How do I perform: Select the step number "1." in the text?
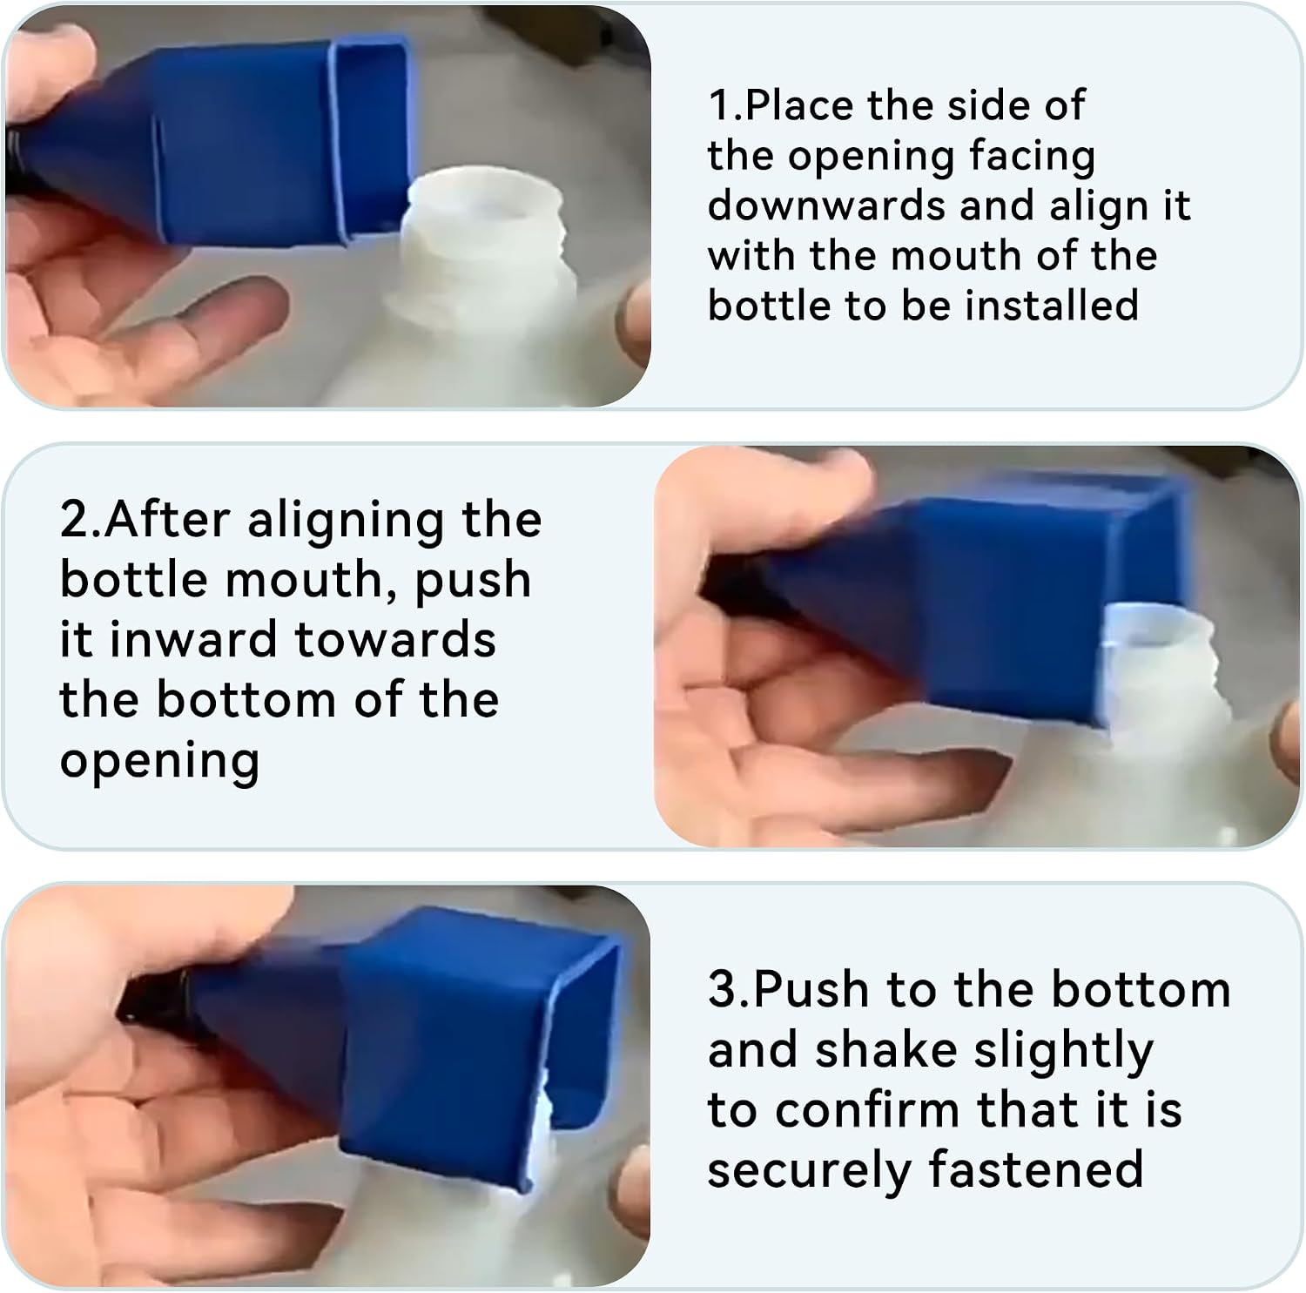click(x=725, y=105)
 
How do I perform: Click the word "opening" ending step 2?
click(x=159, y=762)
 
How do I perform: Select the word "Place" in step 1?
click(x=799, y=105)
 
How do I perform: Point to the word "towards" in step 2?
click(x=396, y=640)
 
